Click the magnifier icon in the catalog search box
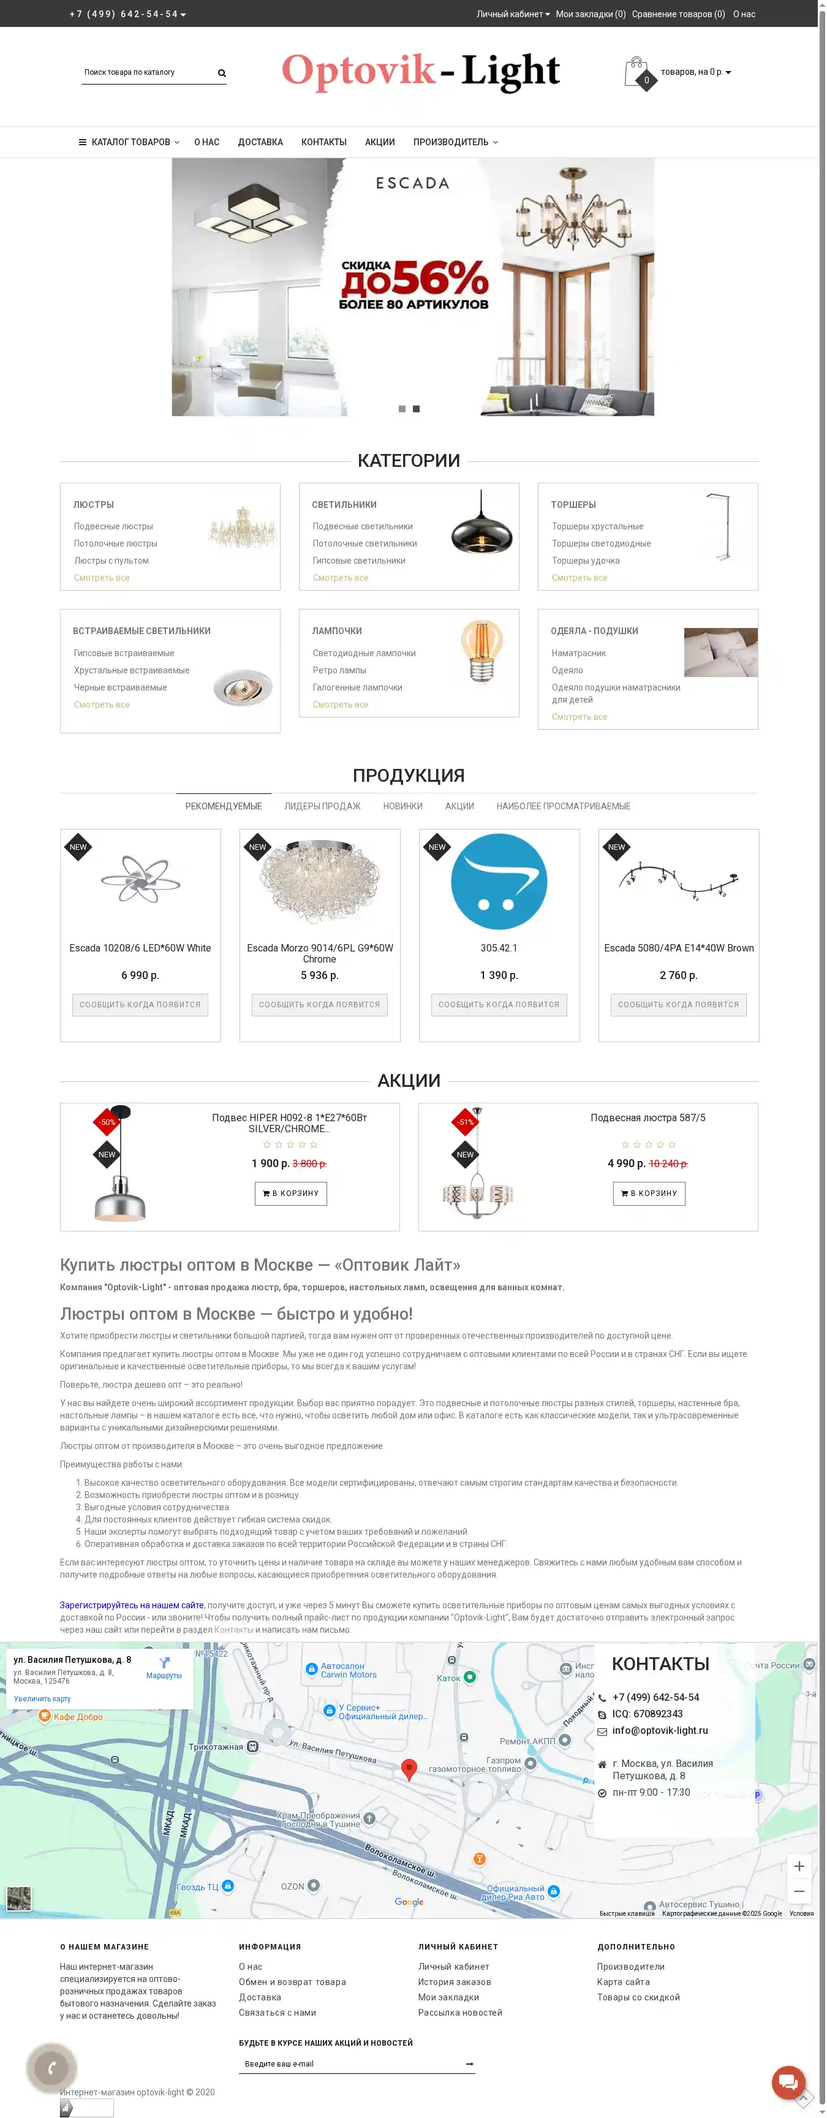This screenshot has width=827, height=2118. pos(222,73)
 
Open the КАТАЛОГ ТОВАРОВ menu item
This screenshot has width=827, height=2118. pos(129,142)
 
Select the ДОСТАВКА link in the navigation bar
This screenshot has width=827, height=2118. pos(260,142)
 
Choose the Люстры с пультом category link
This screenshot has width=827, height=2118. pos(111,561)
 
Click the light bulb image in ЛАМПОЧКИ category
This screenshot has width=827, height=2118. pos(481,651)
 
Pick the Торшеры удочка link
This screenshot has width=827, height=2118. pos(585,561)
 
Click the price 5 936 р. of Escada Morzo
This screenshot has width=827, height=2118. pos(319,975)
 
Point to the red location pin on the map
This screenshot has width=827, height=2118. pos(409,1768)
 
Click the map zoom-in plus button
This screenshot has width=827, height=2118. pos(798,1866)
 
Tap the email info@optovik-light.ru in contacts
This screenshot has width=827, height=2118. pos(659,1730)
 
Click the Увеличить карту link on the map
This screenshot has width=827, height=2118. pos(42,1699)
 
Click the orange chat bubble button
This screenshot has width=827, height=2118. pos(788,2082)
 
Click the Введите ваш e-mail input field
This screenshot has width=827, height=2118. pos(349,2063)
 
